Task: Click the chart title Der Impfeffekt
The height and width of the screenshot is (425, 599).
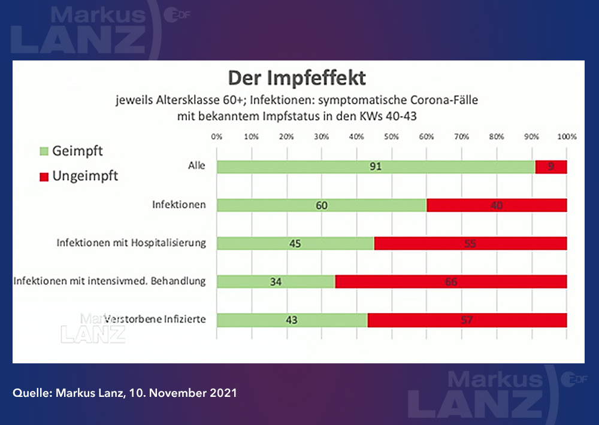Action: pos(297,79)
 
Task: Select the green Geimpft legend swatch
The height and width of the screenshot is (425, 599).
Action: pos(44,152)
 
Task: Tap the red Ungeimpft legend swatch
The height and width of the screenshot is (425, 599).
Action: pos(44,177)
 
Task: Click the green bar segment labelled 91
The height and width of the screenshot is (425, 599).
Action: pos(376,166)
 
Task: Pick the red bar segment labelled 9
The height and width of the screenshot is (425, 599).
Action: pos(551,166)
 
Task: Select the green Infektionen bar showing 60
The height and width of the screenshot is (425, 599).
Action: pos(322,205)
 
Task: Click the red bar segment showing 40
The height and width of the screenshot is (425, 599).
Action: pos(497,205)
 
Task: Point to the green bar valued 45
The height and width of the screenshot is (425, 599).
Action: pos(295,244)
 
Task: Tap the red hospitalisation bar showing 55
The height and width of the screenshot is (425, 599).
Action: pos(470,244)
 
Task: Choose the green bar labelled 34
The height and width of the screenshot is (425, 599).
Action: pos(276,281)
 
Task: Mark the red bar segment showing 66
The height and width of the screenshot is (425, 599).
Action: pos(451,281)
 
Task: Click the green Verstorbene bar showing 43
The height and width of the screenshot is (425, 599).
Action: pos(292,320)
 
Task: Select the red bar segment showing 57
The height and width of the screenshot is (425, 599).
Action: pos(467,320)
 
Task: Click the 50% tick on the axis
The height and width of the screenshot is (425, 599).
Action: pos(392,136)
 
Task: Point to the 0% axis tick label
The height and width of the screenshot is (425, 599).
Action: pos(217,136)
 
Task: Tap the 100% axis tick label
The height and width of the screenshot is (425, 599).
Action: pos(567,136)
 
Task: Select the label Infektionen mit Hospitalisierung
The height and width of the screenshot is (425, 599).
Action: pos(131,243)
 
